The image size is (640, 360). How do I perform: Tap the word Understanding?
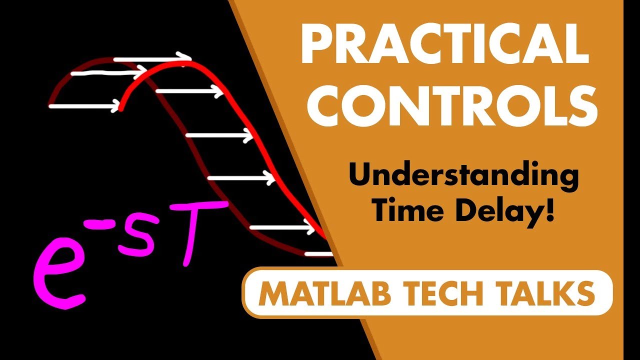pos(463,177)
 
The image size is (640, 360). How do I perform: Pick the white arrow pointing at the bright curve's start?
pos(85,106)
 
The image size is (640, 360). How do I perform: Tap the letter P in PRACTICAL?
pos(315,45)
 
